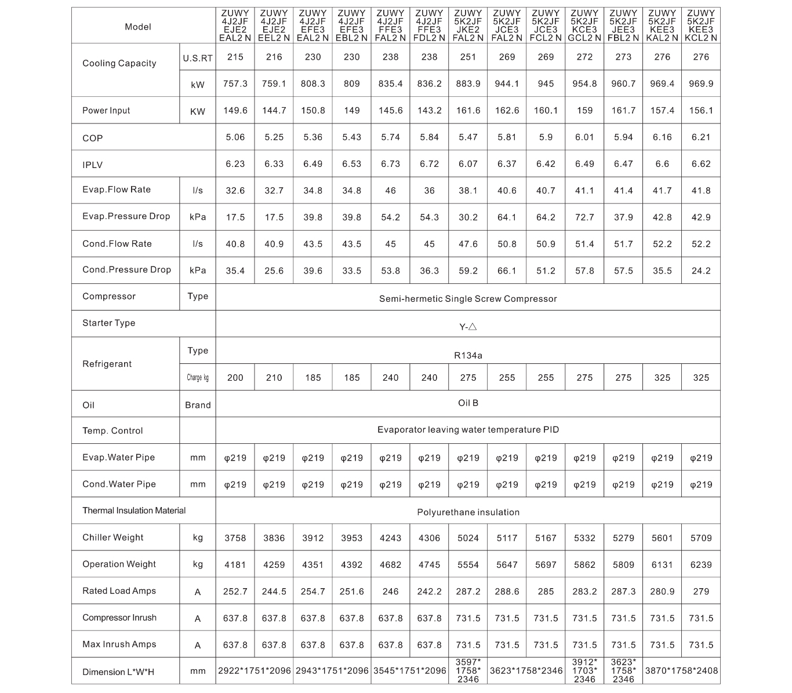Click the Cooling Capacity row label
point(119,63)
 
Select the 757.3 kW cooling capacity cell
point(235,84)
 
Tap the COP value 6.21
point(701,137)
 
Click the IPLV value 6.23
point(235,164)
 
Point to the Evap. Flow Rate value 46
point(390,190)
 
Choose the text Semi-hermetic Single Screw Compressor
point(468,299)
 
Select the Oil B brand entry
point(468,403)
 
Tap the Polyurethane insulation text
point(468,512)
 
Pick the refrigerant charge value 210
point(274,378)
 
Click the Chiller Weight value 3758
point(235,538)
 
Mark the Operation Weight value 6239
point(701,564)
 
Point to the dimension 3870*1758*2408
point(681,671)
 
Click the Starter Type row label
point(108,323)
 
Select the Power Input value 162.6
point(507,111)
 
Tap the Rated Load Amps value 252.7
point(235,592)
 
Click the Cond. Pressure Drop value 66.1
point(507,271)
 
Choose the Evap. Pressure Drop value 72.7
point(584,217)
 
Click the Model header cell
point(137,27)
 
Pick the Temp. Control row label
point(112,431)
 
